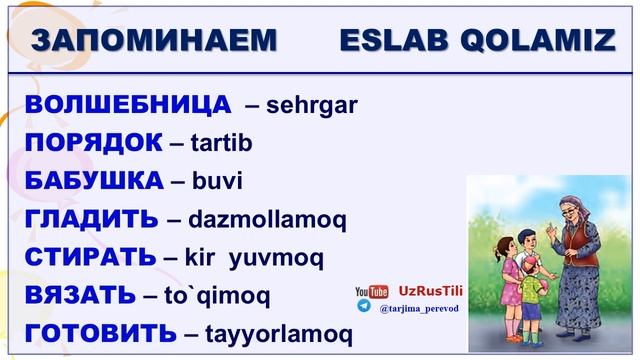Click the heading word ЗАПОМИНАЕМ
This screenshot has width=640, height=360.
(x=154, y=40)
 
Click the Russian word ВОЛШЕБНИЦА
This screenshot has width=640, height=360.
(x=127, y=104)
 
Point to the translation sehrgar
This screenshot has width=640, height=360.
(x=311, y=104)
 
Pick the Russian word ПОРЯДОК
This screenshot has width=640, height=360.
(x=93, y=142)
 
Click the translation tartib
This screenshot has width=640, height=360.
(x=220, y=143)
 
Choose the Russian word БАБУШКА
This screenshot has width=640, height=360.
(x=94, y=181)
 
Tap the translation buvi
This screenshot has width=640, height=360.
(x=217, y=182)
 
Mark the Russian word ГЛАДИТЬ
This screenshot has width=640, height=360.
(x=91, y=219)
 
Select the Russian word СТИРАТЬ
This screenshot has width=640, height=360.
(x=90, y=257)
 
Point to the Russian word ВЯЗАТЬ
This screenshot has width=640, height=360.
(x=80, y=295)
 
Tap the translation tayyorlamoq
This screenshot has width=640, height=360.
(x=276, y=334)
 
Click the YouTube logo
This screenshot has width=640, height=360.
(x=371, y=292)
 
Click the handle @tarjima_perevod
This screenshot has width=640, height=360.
(x=418, y=310)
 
